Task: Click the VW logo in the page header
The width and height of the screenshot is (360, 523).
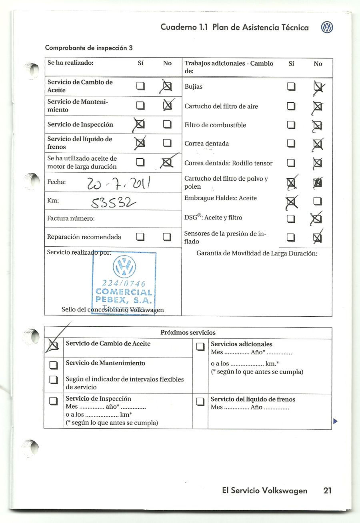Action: (x=327, y=28)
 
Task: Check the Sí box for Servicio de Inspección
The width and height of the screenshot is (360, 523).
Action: (x=140, y=125)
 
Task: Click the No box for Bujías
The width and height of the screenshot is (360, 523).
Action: (x=318, y=86)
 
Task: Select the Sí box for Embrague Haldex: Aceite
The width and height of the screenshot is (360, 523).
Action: (x=292, y=201)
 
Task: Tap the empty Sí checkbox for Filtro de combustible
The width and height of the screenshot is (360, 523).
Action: (x=291, y=125)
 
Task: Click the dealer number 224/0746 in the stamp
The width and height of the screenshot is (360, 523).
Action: (x=124, y=284)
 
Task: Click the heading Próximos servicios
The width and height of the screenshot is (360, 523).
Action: (x=188, y=333)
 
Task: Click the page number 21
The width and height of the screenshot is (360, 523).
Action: (x=327, y=491)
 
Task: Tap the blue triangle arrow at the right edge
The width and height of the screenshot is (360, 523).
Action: (x=335, y=421)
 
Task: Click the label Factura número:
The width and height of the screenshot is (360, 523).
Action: (x=71, y=219)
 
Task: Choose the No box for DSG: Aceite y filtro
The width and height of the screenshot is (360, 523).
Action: (x=317, y=219)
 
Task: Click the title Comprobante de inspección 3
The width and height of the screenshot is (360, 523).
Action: (x=89, y=48)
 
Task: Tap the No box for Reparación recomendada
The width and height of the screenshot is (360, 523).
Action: (x=167, y=237)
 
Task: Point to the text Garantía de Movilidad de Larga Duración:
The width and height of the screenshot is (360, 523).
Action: (x=257, y=253)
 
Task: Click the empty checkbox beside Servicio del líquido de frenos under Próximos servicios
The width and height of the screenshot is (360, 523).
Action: (x=200, y=402)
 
